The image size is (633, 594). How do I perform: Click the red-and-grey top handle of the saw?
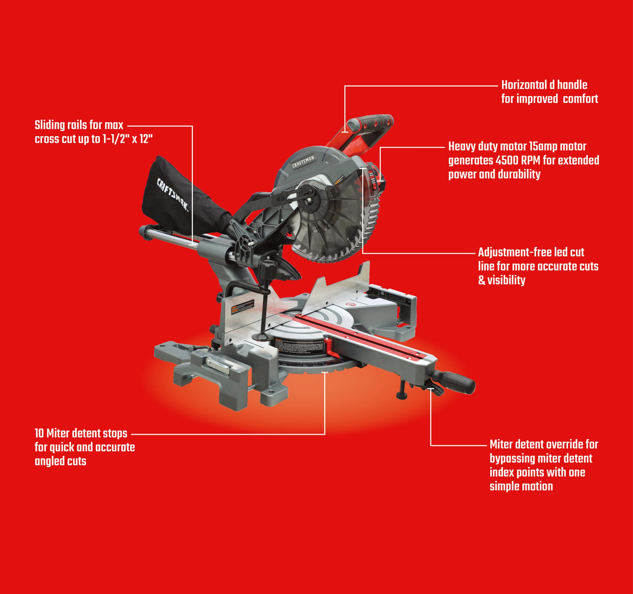[x=365, y=128]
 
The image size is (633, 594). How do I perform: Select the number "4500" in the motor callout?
[x=506, y=160]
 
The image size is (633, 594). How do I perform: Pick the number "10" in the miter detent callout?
[x=39, y=433]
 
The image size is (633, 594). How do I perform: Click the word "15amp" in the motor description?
[x=543, y=147]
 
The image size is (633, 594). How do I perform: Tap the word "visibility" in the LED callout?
[x=506, y=280]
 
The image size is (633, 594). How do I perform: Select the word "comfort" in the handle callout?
[x=580, y=99]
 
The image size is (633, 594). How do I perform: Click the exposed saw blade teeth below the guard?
[x=334, y=251]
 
